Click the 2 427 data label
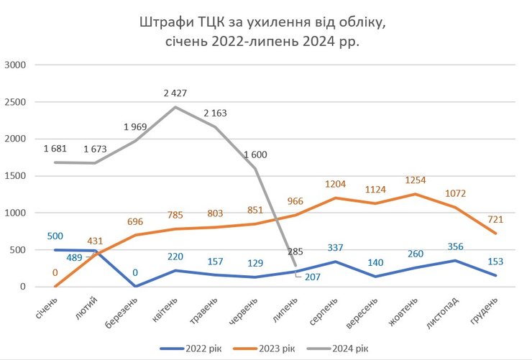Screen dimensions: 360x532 (x=174, y=93)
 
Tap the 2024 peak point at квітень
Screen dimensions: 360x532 (x=175, y=107)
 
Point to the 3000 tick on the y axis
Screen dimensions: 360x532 (x=14, y=65)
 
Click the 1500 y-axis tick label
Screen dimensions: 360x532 (x=14, y=176)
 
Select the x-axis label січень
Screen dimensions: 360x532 (x=48, y=308)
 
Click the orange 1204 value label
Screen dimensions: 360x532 (x=334, y=183)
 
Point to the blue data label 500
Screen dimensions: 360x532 (x=55, y=235)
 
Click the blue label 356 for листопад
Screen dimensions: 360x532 (x=455, y=246)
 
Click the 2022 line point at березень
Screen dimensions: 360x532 (x=135, y=286)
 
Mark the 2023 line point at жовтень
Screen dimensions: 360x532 (x=416, y=194)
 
